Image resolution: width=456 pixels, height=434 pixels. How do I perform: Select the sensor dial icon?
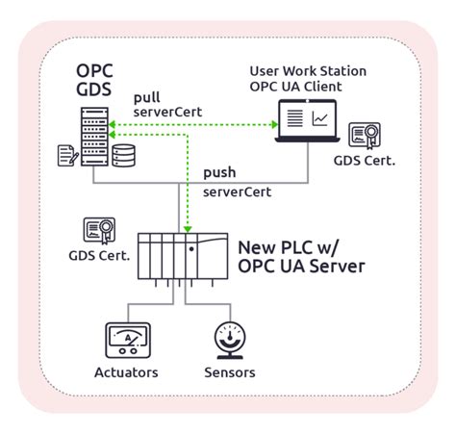tap(228, 340)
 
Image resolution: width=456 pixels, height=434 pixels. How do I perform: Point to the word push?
tap(220, 173)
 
